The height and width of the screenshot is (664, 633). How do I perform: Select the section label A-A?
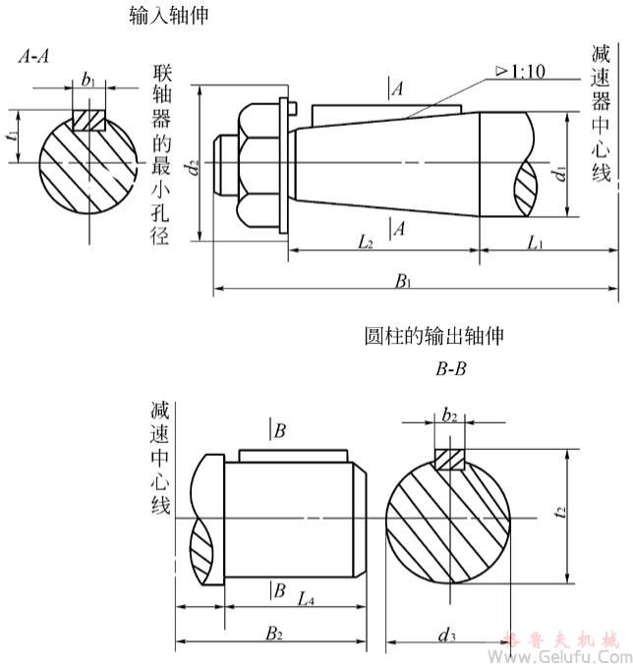click(36, 58)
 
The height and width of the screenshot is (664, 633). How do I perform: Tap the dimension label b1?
click(88, 80)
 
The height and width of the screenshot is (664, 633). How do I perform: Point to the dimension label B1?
click(403, 281)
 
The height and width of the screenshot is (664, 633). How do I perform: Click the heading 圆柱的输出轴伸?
click(433, 336)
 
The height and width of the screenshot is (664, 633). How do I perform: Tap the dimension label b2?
click(449, 416)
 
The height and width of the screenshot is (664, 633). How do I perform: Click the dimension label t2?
click(558, 512)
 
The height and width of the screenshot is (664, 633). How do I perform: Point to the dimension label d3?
click(447, 638)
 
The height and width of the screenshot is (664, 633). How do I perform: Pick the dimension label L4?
click(306, 598)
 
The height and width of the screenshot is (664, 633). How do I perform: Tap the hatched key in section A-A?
click(88, 120)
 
